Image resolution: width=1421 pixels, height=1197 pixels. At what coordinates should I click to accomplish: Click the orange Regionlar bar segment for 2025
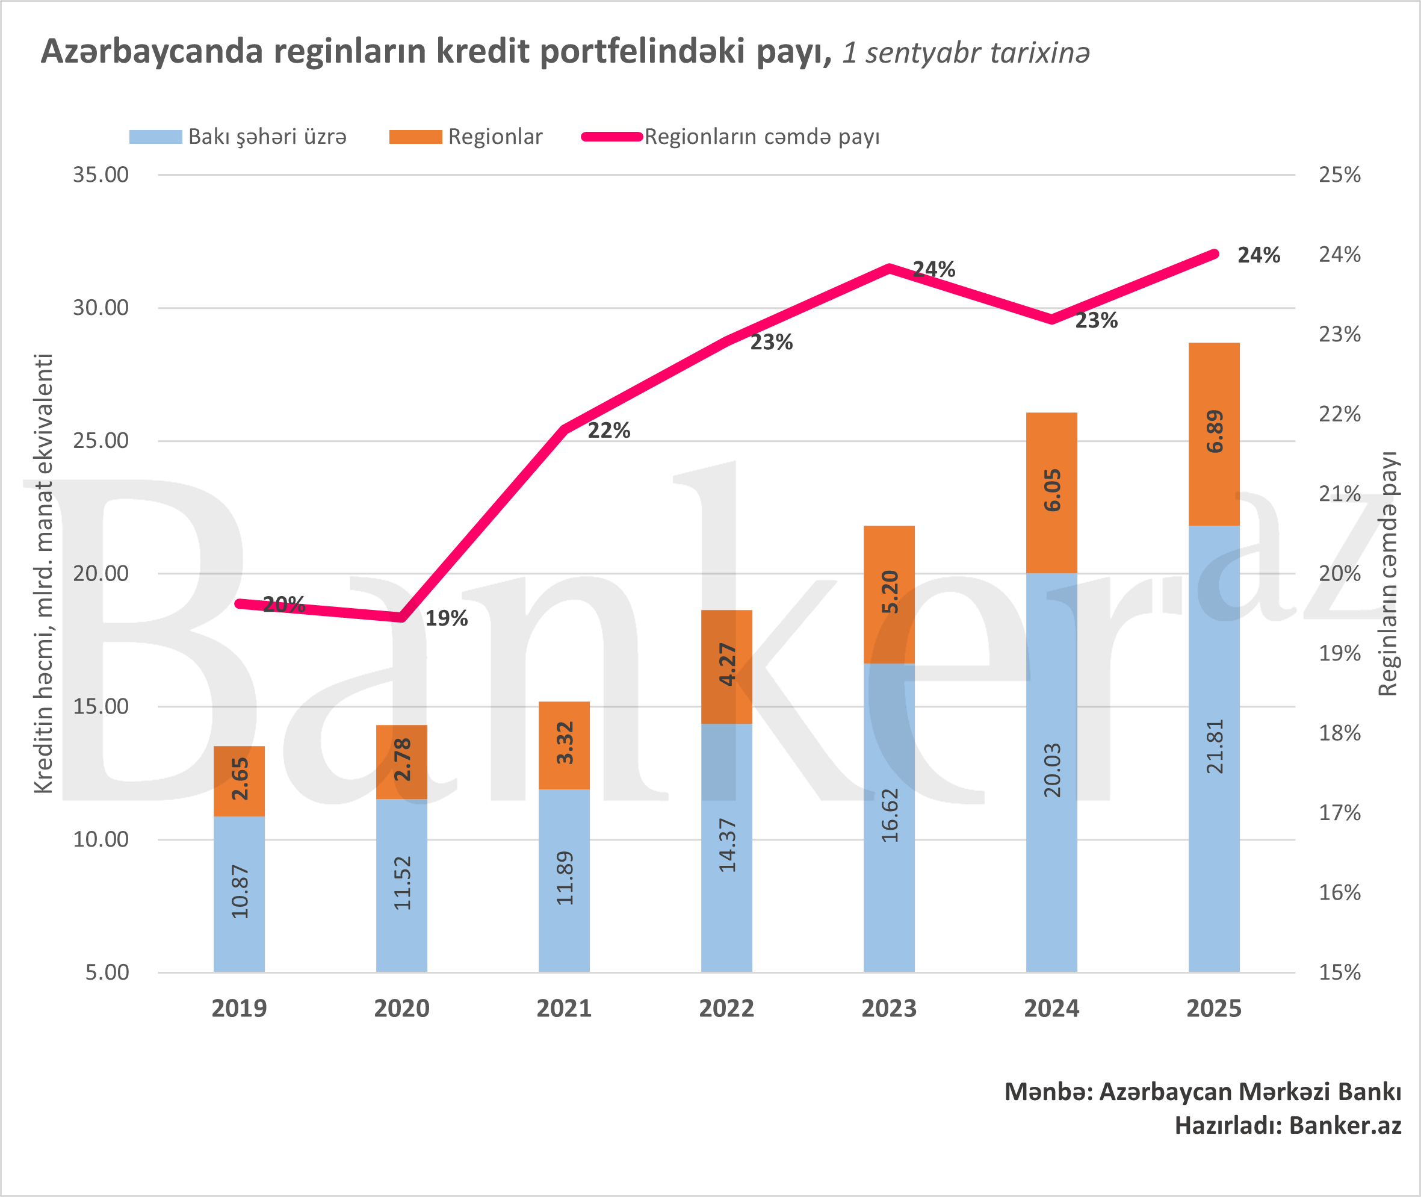tap(1214, 434)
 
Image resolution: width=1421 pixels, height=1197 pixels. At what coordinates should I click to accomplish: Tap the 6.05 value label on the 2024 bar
tap(1052, 490)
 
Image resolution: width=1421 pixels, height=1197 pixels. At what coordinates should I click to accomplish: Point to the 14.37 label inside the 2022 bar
tap(727, 845)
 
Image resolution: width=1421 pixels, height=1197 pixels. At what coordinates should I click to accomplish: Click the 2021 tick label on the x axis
tap(564, 1009)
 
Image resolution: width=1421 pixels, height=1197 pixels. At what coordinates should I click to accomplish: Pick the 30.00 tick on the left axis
tap(101, 308)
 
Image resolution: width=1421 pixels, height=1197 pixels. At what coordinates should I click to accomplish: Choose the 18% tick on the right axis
tap(1339, 733)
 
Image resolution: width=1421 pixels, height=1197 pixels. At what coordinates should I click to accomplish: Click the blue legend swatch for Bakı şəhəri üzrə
tap(155, 137)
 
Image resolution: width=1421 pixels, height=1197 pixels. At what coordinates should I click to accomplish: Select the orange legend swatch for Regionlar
tap(415, 137)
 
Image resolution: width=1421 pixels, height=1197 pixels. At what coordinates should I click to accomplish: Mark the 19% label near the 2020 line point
tap(447, 618)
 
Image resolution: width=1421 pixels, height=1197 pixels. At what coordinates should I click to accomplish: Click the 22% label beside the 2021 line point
tap(608, 431)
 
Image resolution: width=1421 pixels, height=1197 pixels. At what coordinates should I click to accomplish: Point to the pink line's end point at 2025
tap(1214, 255)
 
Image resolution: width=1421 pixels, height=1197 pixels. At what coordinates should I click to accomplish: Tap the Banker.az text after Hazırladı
tap(1345, 1126)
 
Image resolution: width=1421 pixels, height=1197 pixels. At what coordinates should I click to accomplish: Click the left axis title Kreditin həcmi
tap(43, 573)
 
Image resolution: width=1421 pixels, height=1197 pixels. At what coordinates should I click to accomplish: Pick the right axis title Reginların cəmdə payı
tap(1388, 573)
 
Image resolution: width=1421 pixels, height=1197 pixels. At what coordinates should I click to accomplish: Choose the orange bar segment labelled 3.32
tap(565, 744)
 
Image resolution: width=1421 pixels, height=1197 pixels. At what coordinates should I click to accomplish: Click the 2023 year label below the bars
tap(888, 1009)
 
